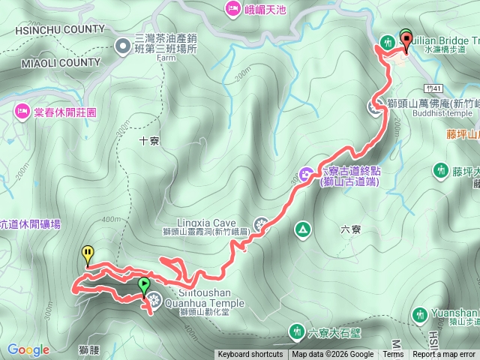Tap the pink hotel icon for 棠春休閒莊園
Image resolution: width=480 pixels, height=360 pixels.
click(x=20, y=112)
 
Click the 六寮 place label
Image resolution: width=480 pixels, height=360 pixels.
click(x=330, y=230)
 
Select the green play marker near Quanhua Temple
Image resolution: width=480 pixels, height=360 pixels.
click(x=143, y=286)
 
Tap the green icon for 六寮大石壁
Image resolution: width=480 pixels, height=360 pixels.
click(x=296, y=331)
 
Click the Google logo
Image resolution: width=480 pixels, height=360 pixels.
click(x=28, y=349)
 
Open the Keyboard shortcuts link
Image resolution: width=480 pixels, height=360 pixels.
click(x=250, y=355)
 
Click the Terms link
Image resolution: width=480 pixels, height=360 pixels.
click(x=393, y=355)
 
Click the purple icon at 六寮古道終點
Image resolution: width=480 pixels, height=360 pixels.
click(x=306, y=175)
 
